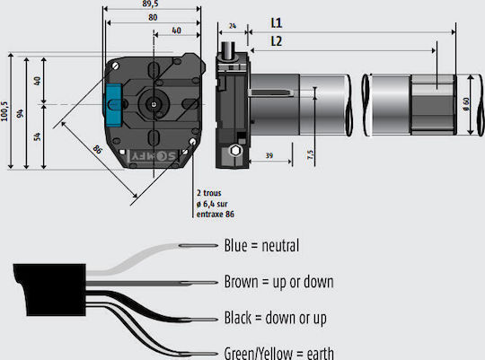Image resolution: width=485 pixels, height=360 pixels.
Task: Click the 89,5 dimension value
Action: point(150,4)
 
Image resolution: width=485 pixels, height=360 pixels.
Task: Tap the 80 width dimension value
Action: point(153,18)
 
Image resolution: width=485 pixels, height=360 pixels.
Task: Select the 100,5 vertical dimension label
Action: point(4,111)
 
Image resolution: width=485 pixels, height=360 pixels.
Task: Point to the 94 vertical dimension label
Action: point(20,113)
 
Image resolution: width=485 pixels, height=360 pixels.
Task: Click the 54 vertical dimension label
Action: point(37,136)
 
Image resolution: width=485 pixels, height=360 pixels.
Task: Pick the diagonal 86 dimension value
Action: point(97,150)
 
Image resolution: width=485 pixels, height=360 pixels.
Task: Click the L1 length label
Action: point(277,23)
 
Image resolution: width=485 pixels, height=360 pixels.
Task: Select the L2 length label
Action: point(277,41)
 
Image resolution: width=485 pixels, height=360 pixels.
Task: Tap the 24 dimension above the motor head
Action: point(233,26)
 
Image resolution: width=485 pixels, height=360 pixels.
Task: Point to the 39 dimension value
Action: point(269,155)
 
